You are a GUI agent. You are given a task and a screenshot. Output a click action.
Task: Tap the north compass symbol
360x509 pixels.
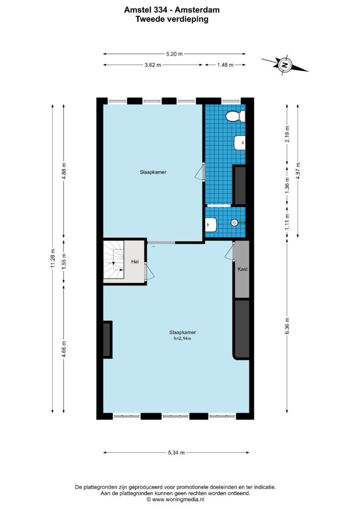[x=285, y=65]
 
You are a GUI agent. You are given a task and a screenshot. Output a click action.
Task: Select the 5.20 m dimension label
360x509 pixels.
[x=175, y=54]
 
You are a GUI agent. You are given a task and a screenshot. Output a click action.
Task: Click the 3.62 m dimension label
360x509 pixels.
[x=153, y=65]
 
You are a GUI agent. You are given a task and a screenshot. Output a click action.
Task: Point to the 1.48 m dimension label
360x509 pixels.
[x=225, y=65]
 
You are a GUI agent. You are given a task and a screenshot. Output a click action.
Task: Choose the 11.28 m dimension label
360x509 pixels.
[x=53, y=258]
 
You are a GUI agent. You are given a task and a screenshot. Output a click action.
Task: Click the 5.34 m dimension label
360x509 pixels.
[x=176, y=452]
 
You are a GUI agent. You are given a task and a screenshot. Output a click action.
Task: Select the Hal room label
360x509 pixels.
[x=135, y=261]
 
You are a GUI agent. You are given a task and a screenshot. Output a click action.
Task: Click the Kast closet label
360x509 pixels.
[x=243, y=269]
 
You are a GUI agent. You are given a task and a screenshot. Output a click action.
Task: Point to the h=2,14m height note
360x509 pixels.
[x=182, y=339]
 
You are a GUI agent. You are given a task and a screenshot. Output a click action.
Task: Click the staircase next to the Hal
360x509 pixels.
[x=114, y=259]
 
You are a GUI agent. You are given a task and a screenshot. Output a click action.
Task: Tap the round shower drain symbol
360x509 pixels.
[x=234, y=223]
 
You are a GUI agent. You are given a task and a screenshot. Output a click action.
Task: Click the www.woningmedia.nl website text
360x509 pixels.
[x=178, y=500]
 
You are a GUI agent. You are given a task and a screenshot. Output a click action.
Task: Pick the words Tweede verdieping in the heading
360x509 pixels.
[x=172, y=19]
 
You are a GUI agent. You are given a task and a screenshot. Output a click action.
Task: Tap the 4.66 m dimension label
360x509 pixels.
[x=64, y=349]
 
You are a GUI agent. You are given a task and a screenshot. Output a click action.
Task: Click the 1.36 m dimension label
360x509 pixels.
[x=287, y=185]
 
